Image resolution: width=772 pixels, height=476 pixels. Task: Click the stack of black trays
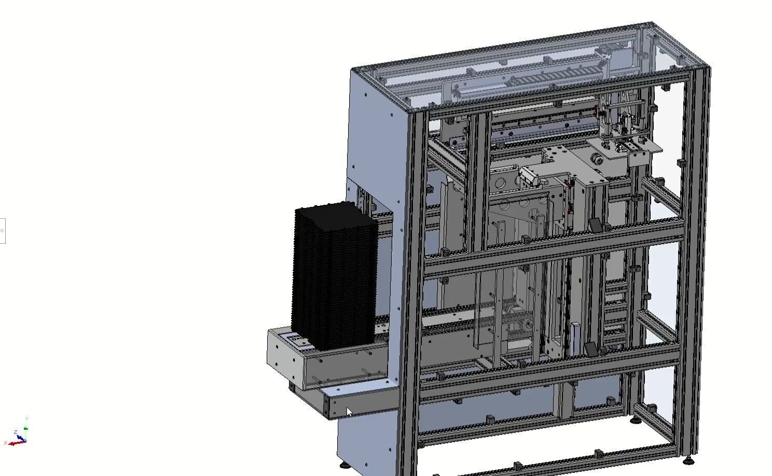click(335, 275)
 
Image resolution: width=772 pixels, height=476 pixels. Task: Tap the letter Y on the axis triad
click(26, 418)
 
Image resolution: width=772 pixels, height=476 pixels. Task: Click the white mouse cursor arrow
click(349, 412)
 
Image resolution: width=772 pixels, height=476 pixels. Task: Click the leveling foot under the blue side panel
click(344, 464)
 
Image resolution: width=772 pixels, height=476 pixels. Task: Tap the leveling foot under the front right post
click(688, 460)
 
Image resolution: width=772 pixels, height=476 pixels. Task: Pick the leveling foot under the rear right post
click(636, 419)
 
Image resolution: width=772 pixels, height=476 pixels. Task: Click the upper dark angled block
click(595, 227)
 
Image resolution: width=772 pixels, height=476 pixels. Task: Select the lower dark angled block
click(591, 349)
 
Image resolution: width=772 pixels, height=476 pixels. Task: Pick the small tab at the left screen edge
click(2, 231)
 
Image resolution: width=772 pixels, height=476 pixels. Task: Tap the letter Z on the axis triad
click(16, 432)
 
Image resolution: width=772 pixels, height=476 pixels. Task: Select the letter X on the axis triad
click(5, 443)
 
